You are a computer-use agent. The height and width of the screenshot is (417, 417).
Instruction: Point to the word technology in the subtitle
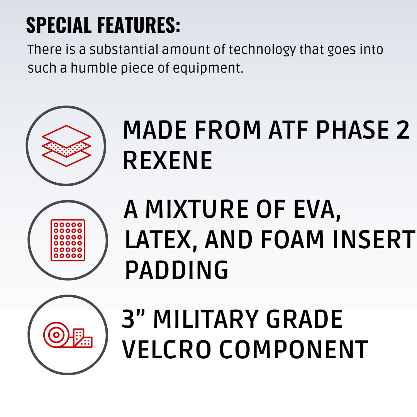pos(262,50)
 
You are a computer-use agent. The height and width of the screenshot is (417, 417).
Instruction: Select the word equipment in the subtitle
pos(208,68)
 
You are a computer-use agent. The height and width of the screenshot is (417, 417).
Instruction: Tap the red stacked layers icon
pos(66,146)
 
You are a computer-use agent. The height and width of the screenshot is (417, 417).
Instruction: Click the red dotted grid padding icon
pos(68,240)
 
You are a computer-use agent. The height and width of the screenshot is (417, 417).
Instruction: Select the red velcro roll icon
pos(68,335)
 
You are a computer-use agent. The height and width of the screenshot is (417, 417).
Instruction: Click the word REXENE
pos(168,160)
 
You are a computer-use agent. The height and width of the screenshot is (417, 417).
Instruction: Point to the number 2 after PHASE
pos(402,130)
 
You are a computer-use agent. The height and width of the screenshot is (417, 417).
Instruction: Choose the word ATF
pos(288,130)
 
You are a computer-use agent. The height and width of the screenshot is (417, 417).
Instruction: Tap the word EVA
pos(317,209)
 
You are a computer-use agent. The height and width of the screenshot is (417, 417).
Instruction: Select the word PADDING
pos(176,270)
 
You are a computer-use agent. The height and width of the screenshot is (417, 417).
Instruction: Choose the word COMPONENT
pos(294,349)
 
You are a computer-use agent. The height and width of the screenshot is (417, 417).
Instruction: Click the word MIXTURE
pos(197,209)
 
